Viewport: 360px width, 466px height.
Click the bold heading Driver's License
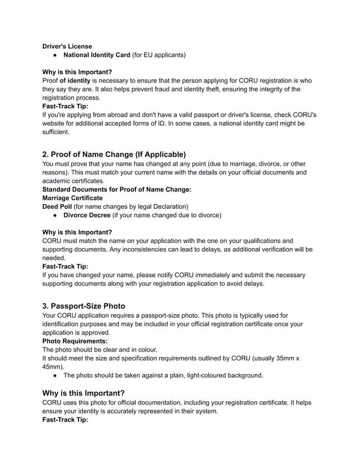point(68,46)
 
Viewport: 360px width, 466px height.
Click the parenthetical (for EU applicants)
point(159,55)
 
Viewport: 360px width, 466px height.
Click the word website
point(56,123)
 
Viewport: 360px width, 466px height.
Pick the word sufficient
point(59,131)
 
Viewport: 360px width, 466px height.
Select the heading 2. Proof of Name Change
point(114,154)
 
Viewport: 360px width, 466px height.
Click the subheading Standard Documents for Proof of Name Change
point(117,190)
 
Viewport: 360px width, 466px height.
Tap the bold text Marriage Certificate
point(73,198)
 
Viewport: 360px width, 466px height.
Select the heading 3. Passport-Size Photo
point(84,306)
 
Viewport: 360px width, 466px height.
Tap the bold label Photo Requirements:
point(76,341)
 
